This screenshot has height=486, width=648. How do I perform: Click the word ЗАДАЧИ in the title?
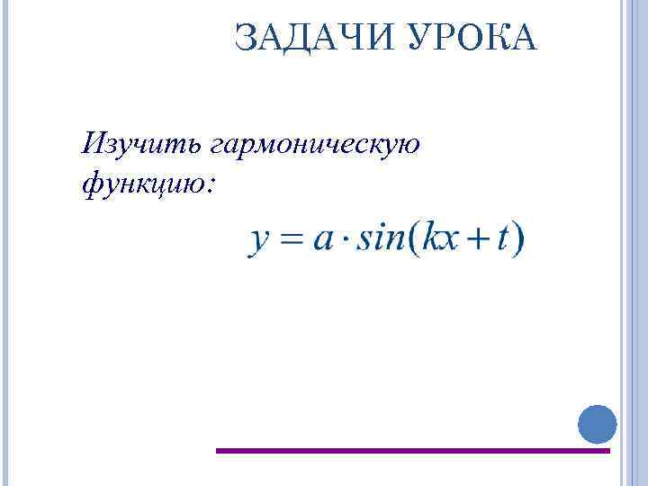point(301,37)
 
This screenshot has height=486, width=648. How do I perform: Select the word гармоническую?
point(315,147)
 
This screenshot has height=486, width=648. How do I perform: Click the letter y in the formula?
point(260,241)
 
